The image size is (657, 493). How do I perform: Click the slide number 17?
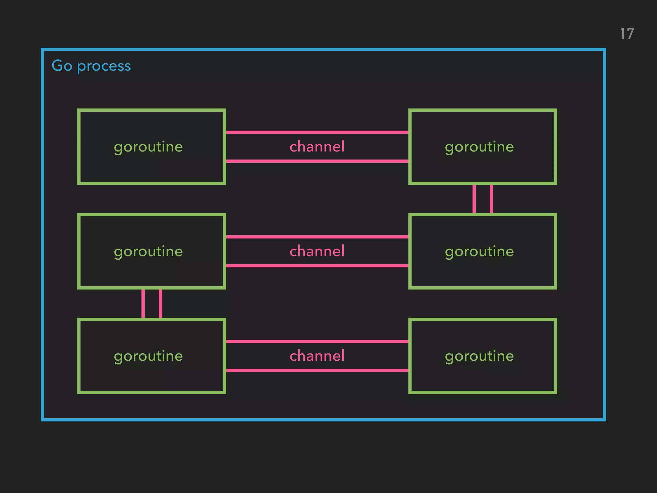coord(627,34)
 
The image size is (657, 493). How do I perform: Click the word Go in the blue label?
coord(62,65)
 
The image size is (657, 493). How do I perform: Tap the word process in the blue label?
coord(104,66)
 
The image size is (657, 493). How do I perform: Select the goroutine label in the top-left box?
coord(148,147)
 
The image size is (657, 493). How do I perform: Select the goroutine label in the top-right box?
coord(479,147)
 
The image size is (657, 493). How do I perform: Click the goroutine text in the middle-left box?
coord(148,252)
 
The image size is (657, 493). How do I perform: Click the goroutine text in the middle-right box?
coord(479,252)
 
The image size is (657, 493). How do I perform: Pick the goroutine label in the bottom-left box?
coord(148,356)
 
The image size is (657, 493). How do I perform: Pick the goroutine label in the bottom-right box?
coord(479,356)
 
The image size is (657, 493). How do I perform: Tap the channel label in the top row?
coord(317,146)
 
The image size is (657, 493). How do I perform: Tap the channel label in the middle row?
coord(317,251)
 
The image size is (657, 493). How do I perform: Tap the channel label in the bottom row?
coord(317,356)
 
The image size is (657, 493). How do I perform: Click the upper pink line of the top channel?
coord(317,132)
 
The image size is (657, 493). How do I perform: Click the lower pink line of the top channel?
coord(317,161)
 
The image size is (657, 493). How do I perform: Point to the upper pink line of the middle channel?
coord(317,237)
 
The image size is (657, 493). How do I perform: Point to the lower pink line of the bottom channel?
coord(317,370)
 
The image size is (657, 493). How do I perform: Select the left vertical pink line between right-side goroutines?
coord(474,199)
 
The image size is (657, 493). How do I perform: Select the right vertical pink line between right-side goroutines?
coord(491,199)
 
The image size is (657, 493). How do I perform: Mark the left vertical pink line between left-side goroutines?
coord(143,304)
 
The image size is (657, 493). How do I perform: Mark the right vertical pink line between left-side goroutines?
coord(160,304)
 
